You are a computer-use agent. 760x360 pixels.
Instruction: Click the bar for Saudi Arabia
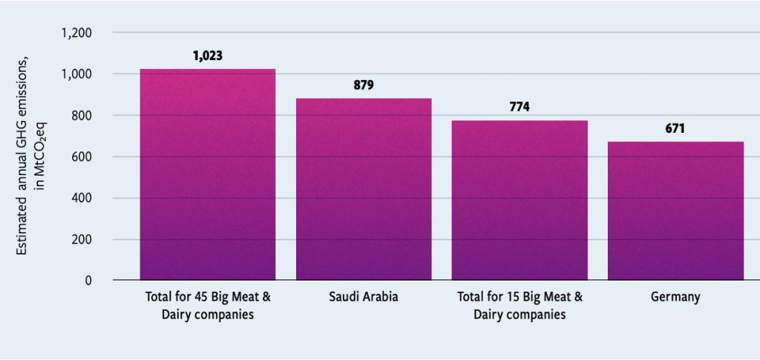[364, 189]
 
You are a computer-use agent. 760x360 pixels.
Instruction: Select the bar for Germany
[675, 211]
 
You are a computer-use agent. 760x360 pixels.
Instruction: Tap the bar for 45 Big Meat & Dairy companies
[208, 174]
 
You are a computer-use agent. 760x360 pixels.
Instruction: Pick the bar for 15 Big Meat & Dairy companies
[520, 200]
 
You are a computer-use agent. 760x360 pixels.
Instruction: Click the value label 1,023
[208, 56]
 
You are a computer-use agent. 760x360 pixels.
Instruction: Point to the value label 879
[364, 85]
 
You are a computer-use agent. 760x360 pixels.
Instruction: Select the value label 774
[520, 107]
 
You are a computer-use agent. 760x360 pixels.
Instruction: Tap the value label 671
[675, 128]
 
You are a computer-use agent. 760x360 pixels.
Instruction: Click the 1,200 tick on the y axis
[76, 33]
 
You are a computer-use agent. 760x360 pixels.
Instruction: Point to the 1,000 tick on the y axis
[76, 74]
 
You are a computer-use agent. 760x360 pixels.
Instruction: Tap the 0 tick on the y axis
[88, 281]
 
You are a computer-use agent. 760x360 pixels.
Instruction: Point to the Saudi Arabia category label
[364, 297]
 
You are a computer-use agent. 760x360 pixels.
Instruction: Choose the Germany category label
[675, 297]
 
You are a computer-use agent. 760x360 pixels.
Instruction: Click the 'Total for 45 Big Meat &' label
[208, 297]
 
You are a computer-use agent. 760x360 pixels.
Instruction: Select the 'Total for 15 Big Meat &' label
[520, 297]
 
